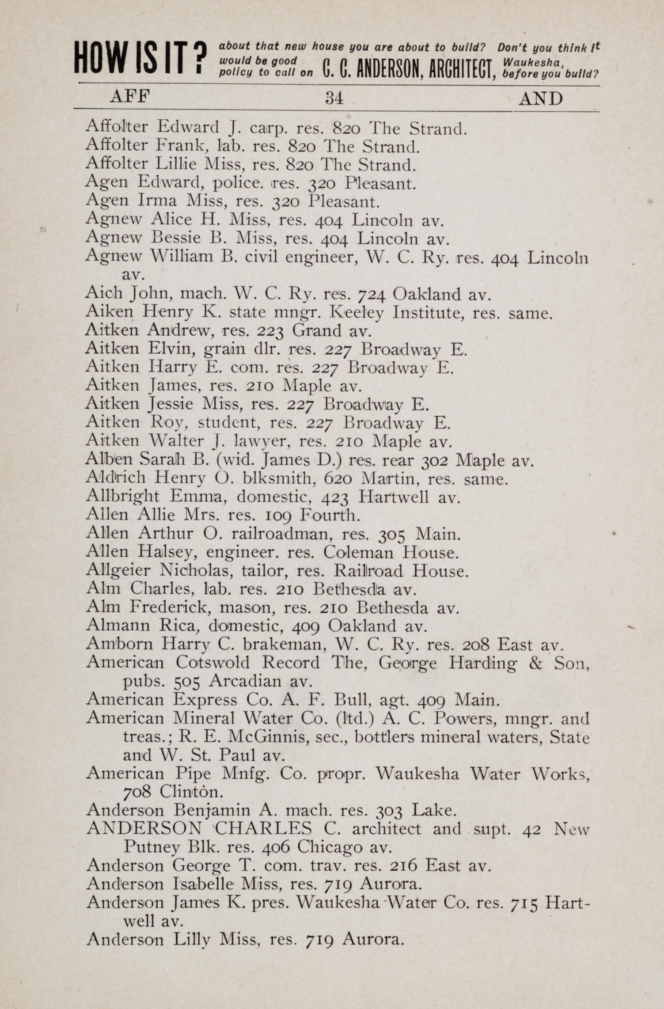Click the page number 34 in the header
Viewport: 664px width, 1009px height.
(334, 97)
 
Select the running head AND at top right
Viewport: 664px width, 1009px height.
(540, 99)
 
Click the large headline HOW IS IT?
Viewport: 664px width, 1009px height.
(140, 58)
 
